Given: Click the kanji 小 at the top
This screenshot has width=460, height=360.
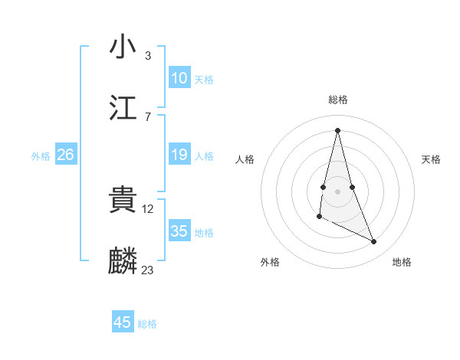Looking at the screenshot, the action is [123, 47].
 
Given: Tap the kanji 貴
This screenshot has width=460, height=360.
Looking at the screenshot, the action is [123, 200].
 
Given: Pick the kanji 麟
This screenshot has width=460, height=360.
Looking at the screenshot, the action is [123, 261].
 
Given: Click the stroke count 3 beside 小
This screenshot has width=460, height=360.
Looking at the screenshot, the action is [148, 55].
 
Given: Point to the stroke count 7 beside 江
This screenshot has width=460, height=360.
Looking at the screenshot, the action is [148, 116].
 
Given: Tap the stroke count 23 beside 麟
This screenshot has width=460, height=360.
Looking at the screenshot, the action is [148, 270].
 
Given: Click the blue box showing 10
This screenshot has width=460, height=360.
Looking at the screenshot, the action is [179, 78].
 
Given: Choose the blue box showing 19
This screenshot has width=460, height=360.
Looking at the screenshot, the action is [179, 155].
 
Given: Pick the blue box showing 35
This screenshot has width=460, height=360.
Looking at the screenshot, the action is [179, 231].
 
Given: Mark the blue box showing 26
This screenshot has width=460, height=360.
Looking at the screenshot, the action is [65, 155].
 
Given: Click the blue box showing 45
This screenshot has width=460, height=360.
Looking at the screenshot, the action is [123, 322].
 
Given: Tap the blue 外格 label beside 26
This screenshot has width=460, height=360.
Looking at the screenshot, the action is [41, 156].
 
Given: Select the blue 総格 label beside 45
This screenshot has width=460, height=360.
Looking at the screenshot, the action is [147, 324].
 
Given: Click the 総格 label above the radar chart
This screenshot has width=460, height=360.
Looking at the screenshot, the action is [337, 100].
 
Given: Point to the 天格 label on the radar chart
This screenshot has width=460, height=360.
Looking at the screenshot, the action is [431, 159].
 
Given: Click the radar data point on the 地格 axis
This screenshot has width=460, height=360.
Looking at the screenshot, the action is [374, 242].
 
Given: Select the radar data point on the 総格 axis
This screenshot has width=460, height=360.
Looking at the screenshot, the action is [337, 129].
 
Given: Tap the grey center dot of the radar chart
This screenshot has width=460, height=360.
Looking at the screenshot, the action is [337, 191].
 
